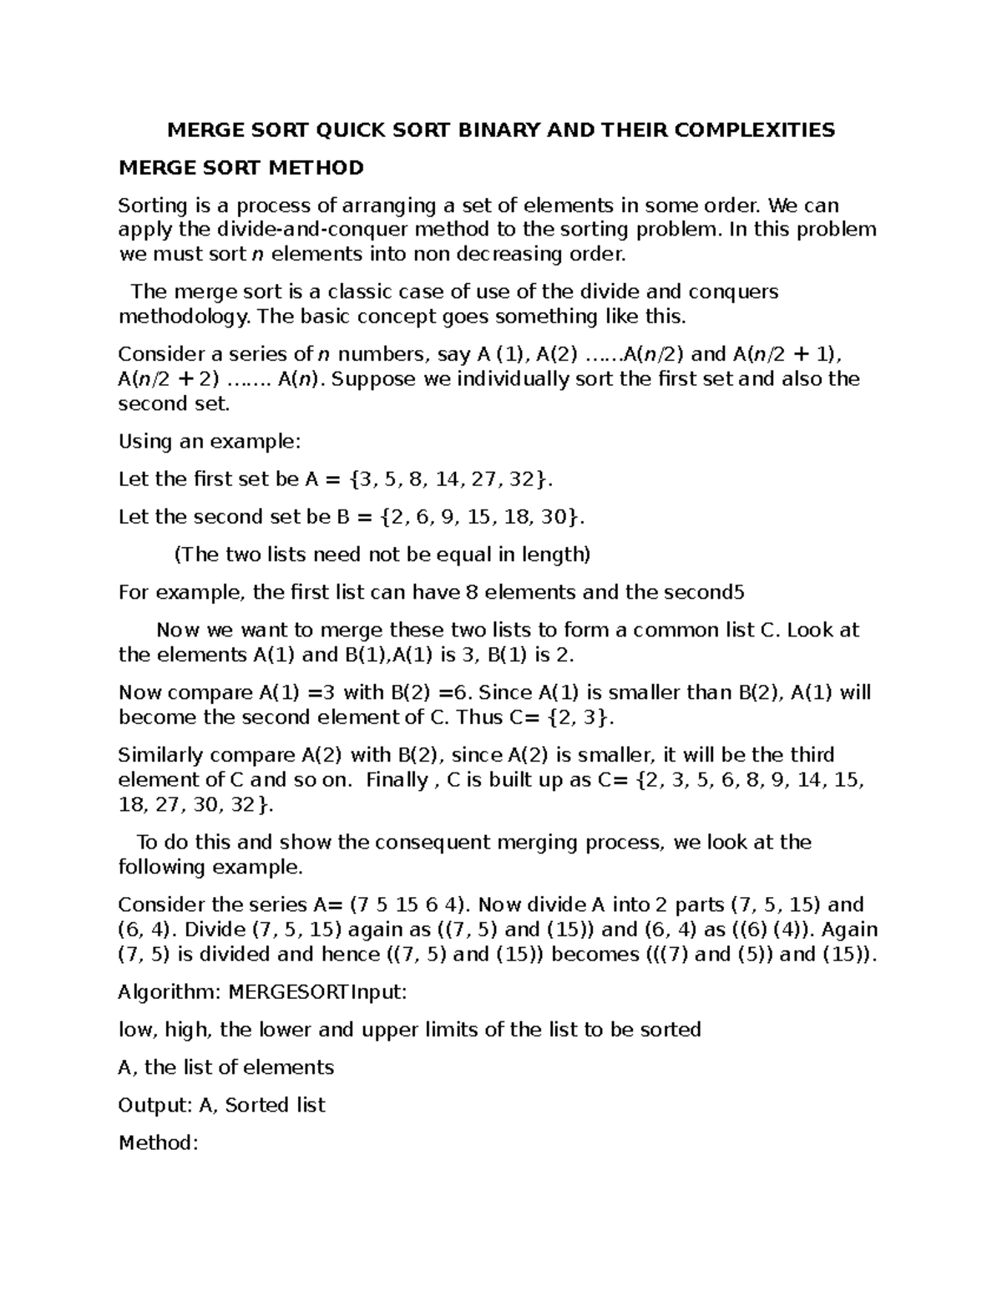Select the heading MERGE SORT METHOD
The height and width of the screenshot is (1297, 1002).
[241, 168]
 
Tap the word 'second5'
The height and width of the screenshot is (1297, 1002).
[702, 592]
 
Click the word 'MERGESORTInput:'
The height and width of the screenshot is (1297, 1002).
[318, 992]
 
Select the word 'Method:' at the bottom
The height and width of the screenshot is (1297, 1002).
[159, 1142]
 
